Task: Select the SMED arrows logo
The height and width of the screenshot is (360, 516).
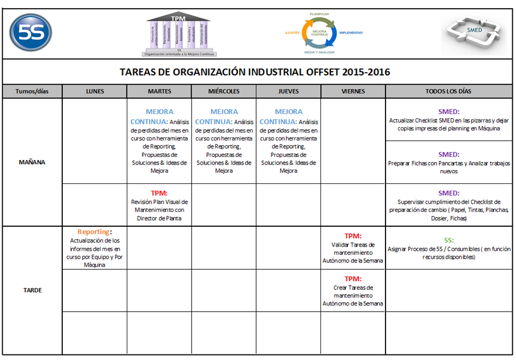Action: (x=473, y=34)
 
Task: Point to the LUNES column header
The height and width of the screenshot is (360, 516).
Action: (x=95, y=91)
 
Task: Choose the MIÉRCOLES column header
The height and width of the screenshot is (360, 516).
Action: (x=224, y=91)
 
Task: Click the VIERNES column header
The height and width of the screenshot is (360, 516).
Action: (x=353, y=91)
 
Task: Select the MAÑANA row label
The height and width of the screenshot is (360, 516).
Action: (x=32, y=162)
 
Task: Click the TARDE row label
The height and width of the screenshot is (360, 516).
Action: (x=32, y=290)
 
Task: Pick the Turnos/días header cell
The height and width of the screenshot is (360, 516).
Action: (x=32, y=91)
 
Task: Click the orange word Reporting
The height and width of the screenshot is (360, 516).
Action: (x=94, y=232)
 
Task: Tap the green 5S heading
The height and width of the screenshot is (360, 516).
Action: (x=449, y=241)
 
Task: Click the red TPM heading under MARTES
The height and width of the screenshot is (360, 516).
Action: (x=159, y=193)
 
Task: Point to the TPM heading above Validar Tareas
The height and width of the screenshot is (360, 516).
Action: (x=352, y=236)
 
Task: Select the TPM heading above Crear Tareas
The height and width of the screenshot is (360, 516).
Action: (x=352, y=279)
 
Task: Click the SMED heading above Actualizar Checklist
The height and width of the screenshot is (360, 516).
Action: (x=449, y=112)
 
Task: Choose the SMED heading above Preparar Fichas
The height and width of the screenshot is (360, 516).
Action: (x=449, y=155)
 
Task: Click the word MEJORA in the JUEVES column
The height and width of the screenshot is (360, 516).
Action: (x=289, y=112)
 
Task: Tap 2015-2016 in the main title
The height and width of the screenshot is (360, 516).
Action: (x=366, y=72)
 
